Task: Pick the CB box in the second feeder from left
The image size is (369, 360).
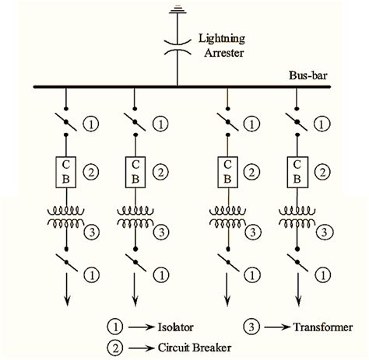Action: [135, 170]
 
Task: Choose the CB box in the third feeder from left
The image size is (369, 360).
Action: [227, 170]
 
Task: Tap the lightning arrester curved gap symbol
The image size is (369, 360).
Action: [177, 44]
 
